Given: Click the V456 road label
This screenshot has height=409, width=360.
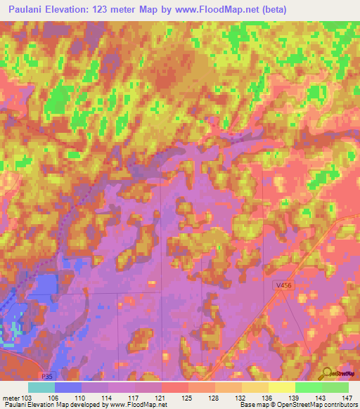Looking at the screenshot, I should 283,285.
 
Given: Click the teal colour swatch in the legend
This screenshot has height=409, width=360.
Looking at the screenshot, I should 41,387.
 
